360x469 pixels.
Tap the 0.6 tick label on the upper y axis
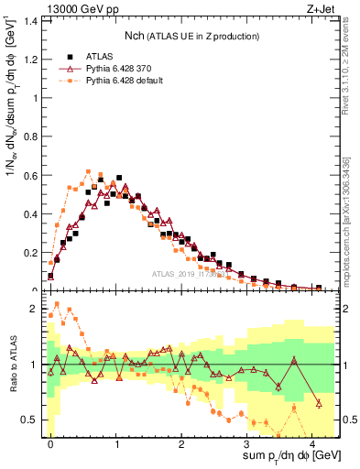pos(32,175)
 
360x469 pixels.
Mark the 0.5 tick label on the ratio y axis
pos(32,420)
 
